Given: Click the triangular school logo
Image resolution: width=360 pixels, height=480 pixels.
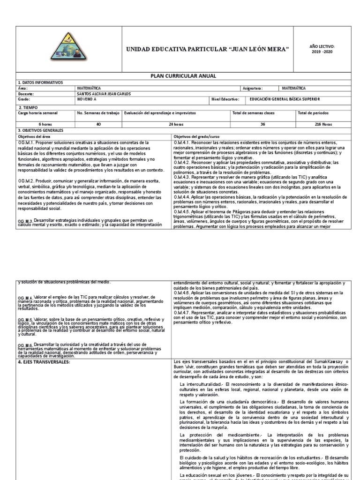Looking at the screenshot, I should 69,50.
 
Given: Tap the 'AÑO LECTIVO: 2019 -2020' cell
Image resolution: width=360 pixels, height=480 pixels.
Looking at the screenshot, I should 323,49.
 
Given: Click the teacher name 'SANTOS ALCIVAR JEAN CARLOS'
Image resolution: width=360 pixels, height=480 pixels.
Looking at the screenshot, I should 104,93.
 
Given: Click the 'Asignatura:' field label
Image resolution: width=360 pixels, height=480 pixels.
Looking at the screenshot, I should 253,88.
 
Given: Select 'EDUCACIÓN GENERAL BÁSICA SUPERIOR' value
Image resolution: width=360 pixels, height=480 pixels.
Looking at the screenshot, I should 285,99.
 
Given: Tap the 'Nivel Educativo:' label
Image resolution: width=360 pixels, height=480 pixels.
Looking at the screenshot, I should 225,99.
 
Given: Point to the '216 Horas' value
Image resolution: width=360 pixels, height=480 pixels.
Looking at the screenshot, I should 323,124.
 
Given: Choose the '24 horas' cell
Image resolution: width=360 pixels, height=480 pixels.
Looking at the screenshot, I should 175,124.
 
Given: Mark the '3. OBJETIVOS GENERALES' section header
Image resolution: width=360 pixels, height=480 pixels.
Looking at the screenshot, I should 41,130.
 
